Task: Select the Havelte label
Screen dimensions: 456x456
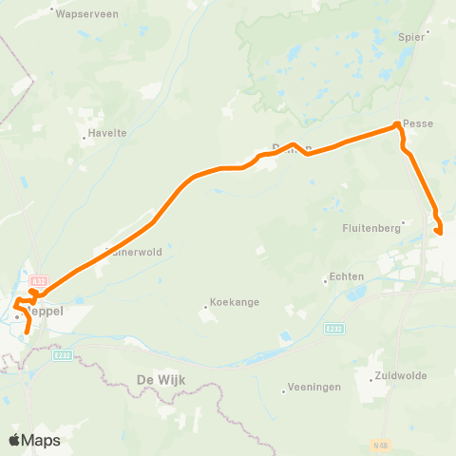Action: tap(106, 134)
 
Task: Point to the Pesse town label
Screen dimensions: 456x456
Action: tap(418, 123)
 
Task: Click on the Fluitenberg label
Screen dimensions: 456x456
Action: tap(371, 228)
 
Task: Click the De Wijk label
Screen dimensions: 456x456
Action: tap(160, 380)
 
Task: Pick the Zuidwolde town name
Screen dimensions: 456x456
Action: tap(402, 376)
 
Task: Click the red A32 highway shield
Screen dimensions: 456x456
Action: tap(38, 281)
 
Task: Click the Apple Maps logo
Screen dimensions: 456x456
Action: tap(34, 440)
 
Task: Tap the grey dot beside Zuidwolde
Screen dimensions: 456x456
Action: tap(371, 376)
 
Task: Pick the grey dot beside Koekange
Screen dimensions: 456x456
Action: tap(205, 306)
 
